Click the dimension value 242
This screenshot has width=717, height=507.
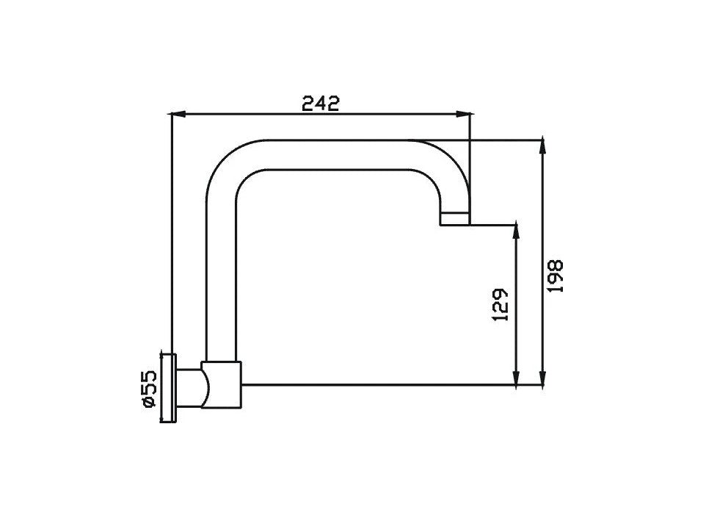[321, 104]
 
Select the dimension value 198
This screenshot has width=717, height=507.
[556, 276]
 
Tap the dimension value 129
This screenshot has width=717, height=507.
[501, 304]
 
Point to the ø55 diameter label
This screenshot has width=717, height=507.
[150, 389]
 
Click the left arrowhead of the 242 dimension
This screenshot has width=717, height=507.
[178, 114]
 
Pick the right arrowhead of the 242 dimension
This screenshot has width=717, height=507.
[464, 114]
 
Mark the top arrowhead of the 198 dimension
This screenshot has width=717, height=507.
[542, 145]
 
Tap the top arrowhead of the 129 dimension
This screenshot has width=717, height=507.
[516, 231]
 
